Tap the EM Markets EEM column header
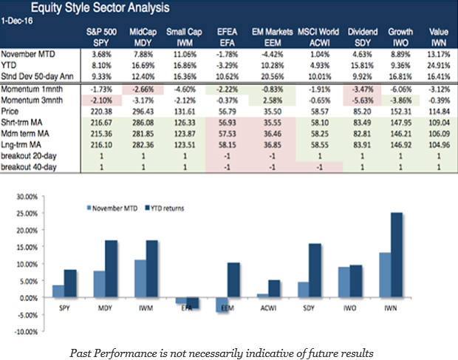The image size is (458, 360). [273, 38]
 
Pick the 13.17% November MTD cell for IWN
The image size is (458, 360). [440, 53]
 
